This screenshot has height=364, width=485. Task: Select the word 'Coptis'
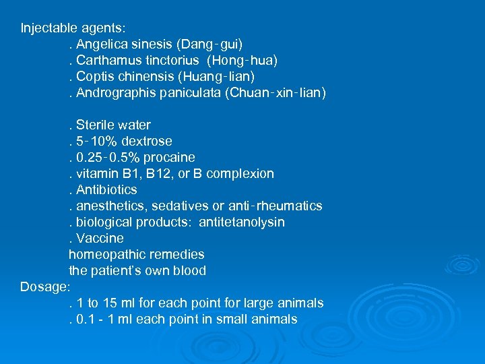pyautogui.click(x=94, y=77)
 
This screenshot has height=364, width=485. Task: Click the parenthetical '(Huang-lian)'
pyautogui.click(x=216, y=77)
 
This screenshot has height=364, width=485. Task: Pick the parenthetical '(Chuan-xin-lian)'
pyautogui.click(x=276, y=93)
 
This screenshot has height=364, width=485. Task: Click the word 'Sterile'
pyautogui.click(x=95, y=125)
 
